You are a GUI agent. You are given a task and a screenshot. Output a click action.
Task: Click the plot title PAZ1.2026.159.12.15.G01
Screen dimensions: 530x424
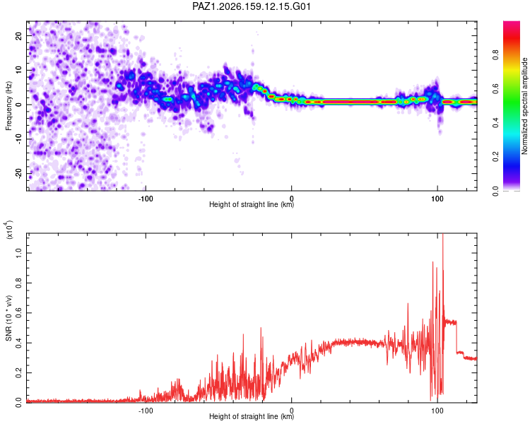coord(251,6)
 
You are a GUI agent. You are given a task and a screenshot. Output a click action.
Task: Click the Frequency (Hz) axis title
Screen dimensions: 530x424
coord(8,106)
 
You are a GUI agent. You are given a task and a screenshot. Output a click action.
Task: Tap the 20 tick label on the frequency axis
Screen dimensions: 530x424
coord(18,35)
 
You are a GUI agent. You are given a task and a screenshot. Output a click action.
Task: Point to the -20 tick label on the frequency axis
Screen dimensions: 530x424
coord(18,173)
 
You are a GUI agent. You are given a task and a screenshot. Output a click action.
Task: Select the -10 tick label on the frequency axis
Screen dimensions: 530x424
coord(18,139)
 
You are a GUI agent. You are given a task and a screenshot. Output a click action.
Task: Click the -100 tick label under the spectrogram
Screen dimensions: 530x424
coord(146,199)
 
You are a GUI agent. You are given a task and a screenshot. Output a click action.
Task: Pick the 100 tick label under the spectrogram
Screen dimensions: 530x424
coord(437,199)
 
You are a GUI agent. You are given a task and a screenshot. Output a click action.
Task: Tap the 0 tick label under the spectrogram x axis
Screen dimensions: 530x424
coord(291,199)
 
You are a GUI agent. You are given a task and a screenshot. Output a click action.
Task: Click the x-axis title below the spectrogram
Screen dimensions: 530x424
coord(252,204)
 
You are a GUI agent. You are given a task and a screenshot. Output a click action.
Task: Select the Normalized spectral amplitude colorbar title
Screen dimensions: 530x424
coord(524,106)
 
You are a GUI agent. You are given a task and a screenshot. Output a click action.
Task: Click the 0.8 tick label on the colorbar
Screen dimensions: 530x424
coord(495,54)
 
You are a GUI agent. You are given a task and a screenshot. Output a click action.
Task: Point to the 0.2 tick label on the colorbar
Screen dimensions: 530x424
coord(495,157)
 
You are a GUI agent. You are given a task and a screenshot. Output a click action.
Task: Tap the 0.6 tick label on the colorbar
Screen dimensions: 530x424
coord(495,88)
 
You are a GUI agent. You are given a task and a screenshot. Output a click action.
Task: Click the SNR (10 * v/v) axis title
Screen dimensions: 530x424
coord(8,318)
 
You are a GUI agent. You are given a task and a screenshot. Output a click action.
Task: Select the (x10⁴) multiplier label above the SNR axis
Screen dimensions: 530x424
coord(8,230)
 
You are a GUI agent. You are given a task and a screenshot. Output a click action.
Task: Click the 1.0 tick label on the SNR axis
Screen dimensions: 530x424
coord(18,253)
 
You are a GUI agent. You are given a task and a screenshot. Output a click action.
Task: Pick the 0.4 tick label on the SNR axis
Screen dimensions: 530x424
coord(18,343)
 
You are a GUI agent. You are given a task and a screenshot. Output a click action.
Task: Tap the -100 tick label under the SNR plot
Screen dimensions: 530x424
coord(146,411)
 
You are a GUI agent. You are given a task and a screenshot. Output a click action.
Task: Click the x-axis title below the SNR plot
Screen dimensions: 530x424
coord(252,416)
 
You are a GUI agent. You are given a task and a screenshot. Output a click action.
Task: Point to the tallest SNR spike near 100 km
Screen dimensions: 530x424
coord(443,235)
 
